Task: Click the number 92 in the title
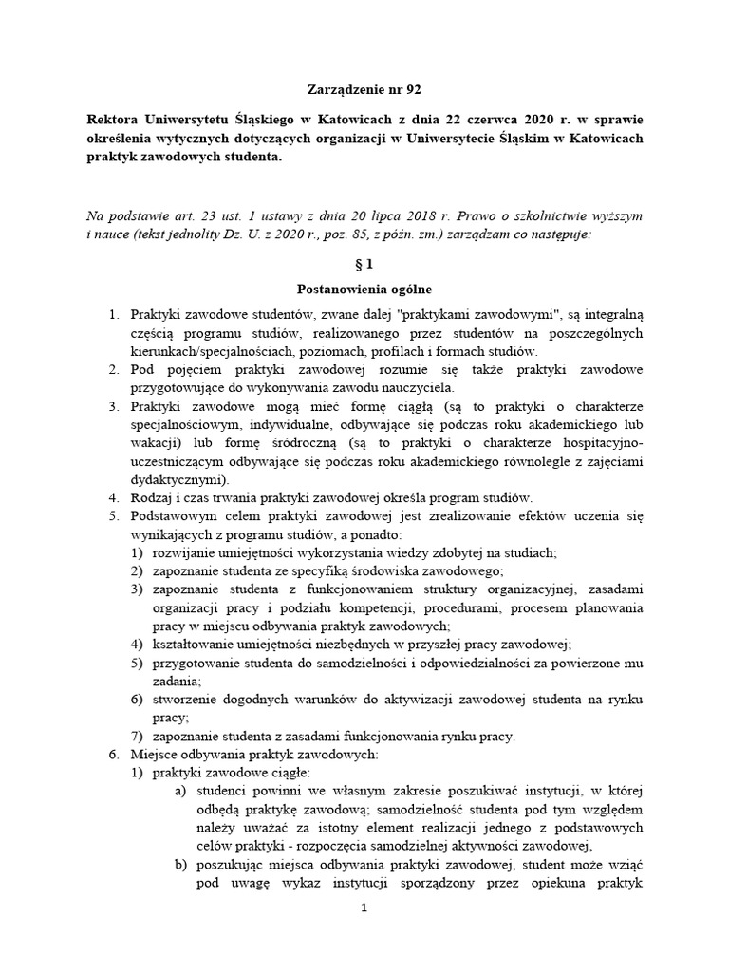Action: coord(411,90)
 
